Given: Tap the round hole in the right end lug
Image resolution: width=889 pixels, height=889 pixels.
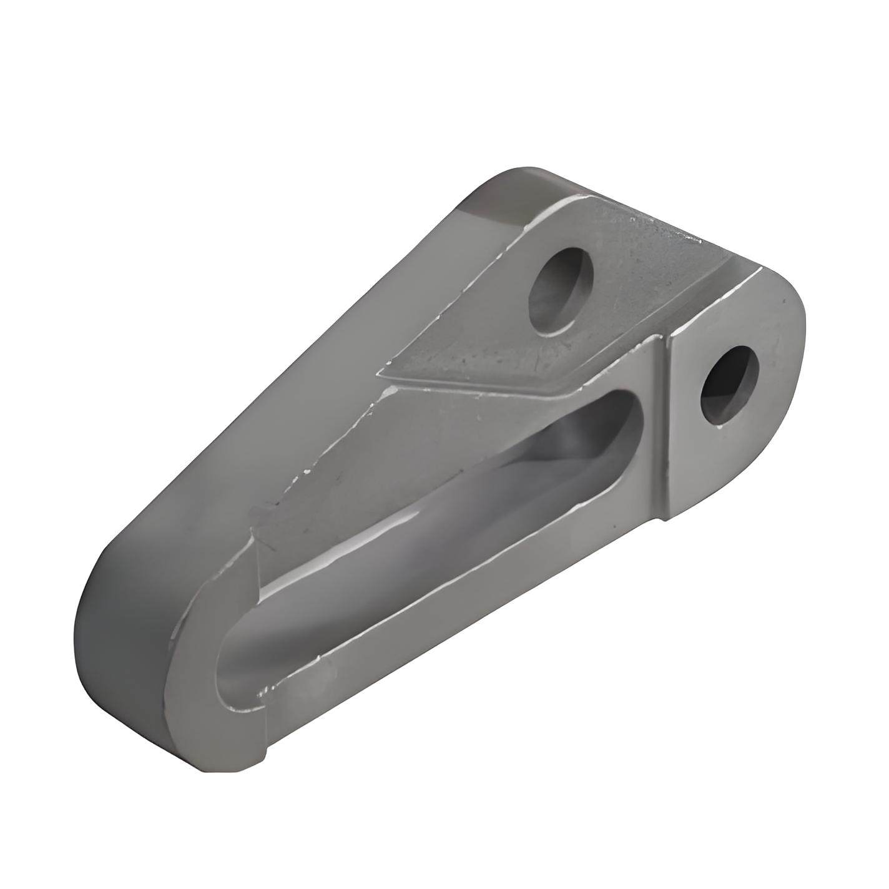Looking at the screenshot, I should tap(730, 385).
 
